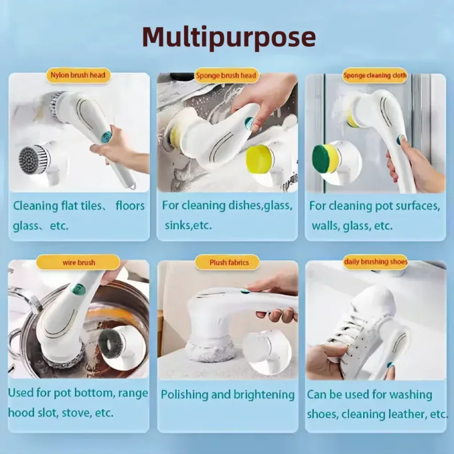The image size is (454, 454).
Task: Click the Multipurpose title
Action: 229,37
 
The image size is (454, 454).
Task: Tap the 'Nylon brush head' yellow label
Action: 78,75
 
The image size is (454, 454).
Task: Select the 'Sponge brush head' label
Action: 227,75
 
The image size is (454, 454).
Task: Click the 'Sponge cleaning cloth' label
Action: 375,75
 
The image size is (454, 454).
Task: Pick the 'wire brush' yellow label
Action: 78,262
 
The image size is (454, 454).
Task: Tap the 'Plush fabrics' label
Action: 229,262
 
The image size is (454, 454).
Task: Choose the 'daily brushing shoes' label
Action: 376,262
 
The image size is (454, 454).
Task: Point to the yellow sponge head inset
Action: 260,158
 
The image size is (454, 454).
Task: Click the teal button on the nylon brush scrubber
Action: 106,137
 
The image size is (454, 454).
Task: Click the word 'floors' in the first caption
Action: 130,206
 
